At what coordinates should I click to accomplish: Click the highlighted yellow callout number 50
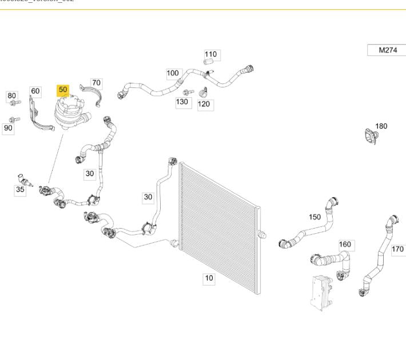[x=63, y=90]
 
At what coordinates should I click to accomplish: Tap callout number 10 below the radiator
[x=209, y=278]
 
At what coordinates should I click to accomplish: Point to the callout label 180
[x=381, y=126]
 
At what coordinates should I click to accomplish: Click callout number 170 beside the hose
[x=397, y=249]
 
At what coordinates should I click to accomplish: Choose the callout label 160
[x=345, y=245]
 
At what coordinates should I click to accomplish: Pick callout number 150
[x=315, y=217]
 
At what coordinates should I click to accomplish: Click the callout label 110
[x=211, y=55]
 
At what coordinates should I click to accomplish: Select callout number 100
[x=173, y=73]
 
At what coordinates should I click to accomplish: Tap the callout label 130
[x=182, y=102]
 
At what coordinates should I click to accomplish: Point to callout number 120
[x=204, y=104]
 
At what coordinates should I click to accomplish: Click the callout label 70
[x=95, y=83]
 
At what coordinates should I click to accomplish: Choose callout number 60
[x=35, y=91]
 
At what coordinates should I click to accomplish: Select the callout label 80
[x=12, y=95]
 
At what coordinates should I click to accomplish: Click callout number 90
[x=8, y=128]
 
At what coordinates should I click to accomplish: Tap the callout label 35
[x=20, y=190]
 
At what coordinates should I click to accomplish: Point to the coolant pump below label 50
[x=69, y=114]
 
